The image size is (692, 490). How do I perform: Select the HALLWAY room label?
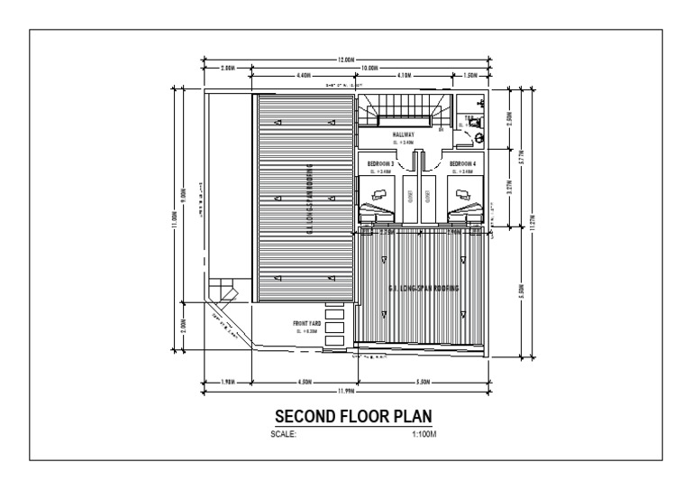403,134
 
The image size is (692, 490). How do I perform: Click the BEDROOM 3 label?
380,162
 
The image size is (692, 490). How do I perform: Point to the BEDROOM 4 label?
463,162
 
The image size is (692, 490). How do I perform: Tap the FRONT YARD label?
306,323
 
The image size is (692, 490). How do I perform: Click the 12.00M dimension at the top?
346,60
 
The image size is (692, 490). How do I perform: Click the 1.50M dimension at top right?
469,76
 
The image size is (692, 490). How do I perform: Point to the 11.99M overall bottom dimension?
346,392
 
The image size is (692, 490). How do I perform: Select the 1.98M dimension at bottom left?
228,381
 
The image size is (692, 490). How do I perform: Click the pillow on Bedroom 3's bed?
379,192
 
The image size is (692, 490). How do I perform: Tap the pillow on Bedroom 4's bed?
464,192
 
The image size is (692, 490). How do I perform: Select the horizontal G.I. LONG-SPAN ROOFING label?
423,288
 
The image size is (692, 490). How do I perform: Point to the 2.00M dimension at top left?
228,68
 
